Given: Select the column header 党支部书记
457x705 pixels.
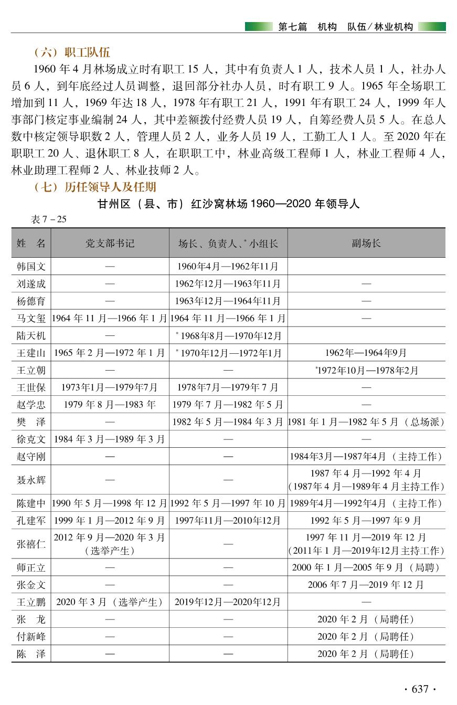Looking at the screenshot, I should (x=110, y=244).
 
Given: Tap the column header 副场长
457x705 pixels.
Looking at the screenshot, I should (x=366, y=244).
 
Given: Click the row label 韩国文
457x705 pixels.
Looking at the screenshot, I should (x=31, y=267).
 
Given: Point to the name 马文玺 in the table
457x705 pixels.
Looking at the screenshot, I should (x=31, y=318).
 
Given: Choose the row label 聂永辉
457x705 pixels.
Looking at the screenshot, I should (x=31, y=480).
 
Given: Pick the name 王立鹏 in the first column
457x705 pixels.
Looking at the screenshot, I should (x=31, y=602).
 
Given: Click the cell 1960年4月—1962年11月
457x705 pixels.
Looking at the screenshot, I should (x=228, y=267).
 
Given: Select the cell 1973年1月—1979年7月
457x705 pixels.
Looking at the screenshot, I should (x=110, y=387).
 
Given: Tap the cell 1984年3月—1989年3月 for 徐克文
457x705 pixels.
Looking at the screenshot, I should (x=110, y=439).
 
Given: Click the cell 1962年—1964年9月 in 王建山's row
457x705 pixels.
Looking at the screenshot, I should (x=366, y=353).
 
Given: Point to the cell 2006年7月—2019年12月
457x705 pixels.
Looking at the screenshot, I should (x=366, y=585).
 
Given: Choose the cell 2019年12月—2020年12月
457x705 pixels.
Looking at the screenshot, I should (x=228, y=602).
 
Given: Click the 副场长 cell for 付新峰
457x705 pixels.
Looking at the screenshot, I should (x=366, y=637).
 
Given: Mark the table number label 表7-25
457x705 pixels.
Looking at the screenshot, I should (x=49, y=219).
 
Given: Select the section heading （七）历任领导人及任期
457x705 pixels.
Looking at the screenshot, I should (x=94, y=187).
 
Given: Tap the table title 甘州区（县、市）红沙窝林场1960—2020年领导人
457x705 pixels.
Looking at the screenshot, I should (x=229, y=204).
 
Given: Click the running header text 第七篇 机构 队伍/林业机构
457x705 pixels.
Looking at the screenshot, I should (x=345, y=27).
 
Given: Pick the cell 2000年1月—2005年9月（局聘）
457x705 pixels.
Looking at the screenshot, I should (x=366, y=567).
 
